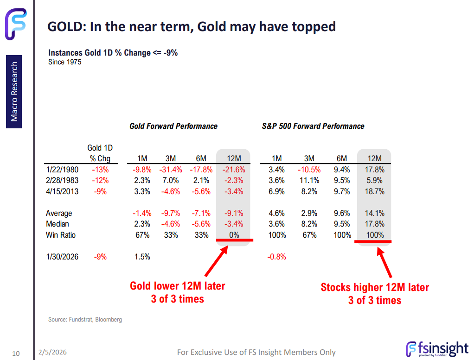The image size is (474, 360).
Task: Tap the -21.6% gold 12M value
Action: click(x=234, y=170)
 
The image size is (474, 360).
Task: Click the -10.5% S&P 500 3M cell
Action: click(x=309, y=170)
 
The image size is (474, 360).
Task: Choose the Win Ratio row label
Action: click(x=60, y=235)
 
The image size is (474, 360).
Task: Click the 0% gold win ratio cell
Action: click(x=234, y=235)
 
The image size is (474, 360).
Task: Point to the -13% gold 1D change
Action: click(x=99, y=170)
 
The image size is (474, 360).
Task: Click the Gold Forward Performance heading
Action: click(x=173, y=126)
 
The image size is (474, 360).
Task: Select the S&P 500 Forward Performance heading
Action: click(x=313, y=126)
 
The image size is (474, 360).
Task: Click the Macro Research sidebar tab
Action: click(x=14, y=91)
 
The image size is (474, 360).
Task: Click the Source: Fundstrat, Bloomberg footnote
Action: click(x=85, y=319)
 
